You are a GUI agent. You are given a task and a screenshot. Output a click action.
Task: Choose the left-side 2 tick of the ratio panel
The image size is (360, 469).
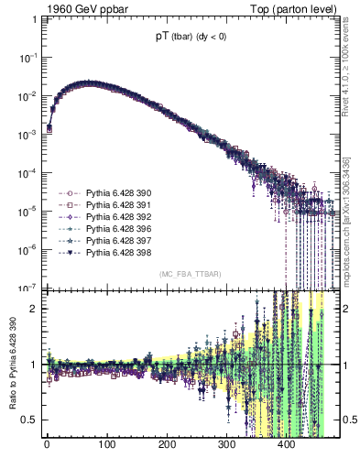(36, 308)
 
